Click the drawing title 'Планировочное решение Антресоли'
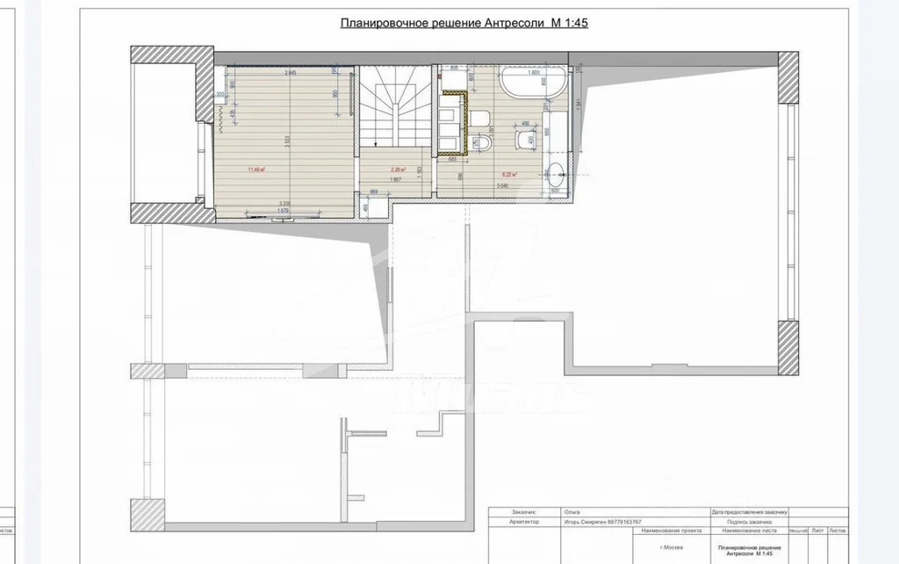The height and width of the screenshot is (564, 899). (464, 24)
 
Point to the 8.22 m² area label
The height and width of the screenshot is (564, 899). (508, 175)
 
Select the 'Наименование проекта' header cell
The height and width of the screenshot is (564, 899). (671, 531)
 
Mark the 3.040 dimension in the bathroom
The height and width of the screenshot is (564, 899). (502, 186)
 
